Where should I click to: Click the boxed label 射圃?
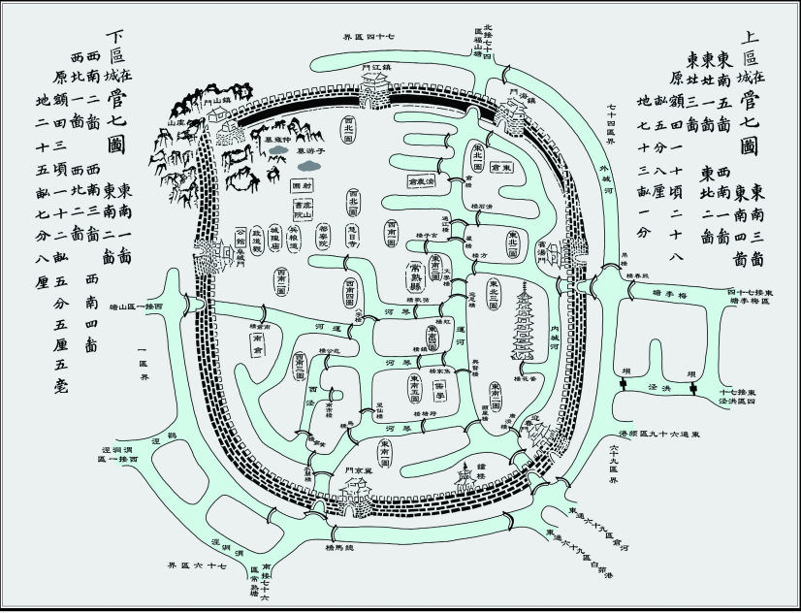coord(303,184)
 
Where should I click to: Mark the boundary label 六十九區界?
coord(613,467)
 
